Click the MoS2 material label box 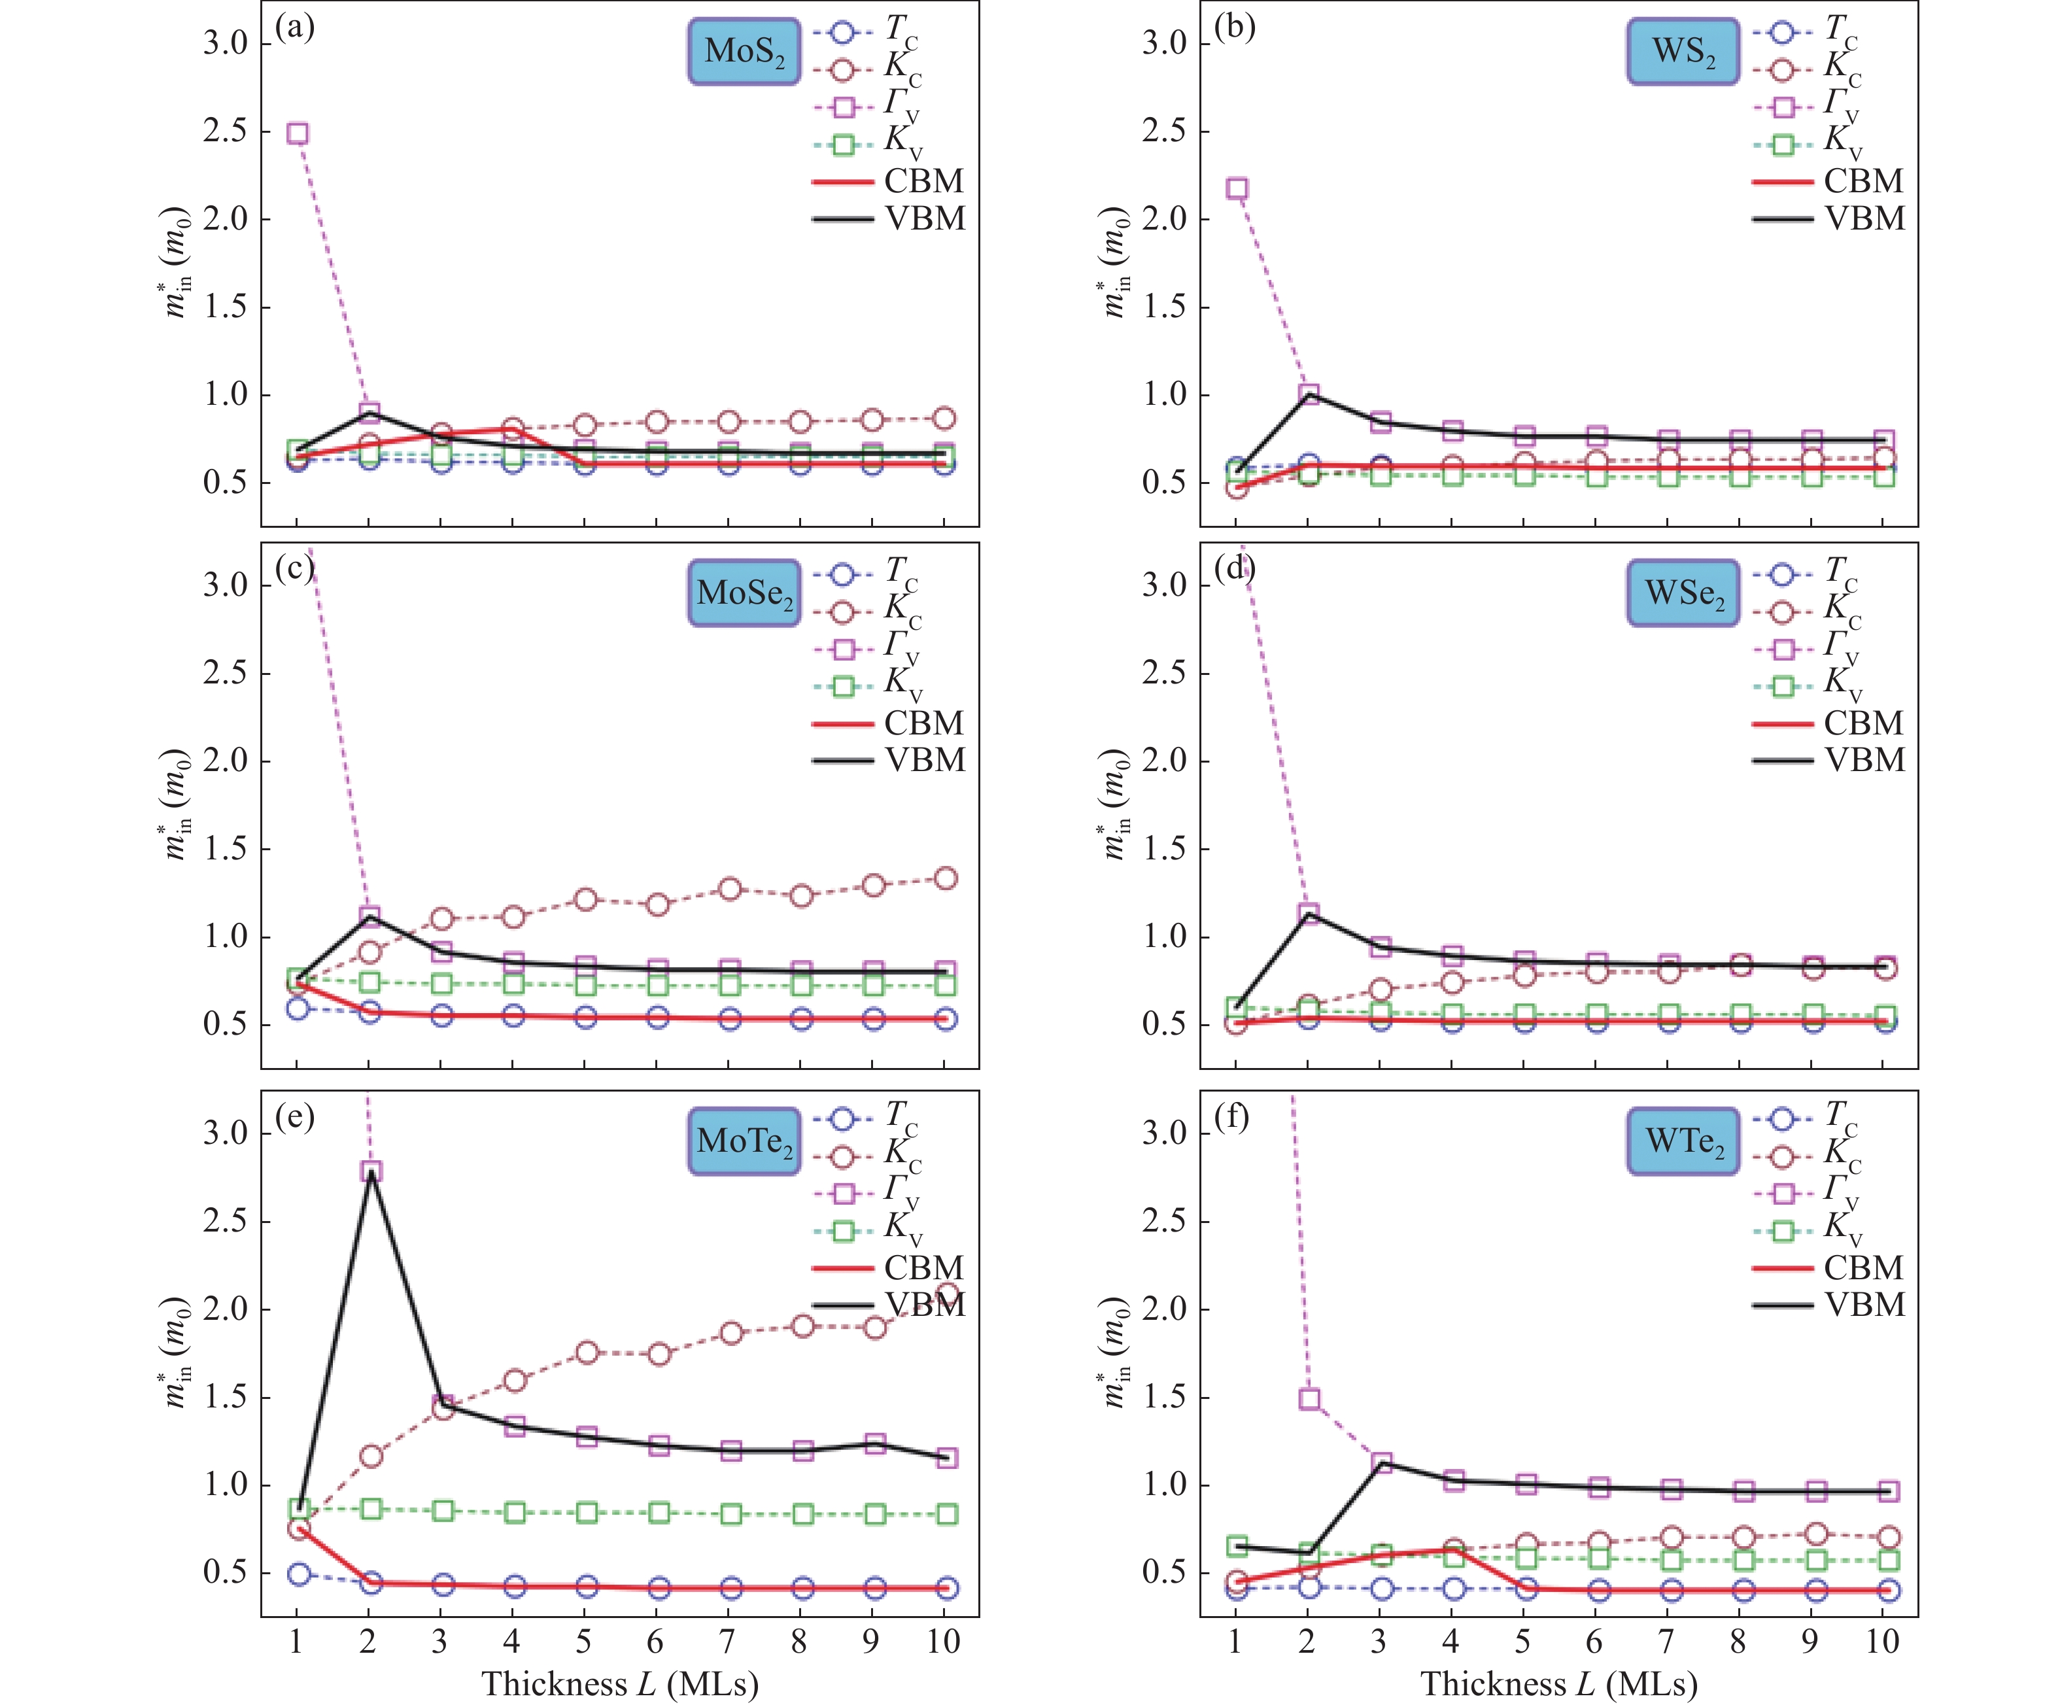coord(744,51)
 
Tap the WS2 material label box coord(1682,51)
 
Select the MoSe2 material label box coord(744,593)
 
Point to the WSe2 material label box coord(1682,593)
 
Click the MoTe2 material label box coord(744,1140)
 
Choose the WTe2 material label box coord(1682,1140)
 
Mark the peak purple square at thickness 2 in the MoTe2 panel coord(371,1171)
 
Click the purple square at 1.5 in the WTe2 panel coord(1309,1399)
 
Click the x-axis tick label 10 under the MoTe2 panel coord(944,1642)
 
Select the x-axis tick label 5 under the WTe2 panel coord(1522,1642)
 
